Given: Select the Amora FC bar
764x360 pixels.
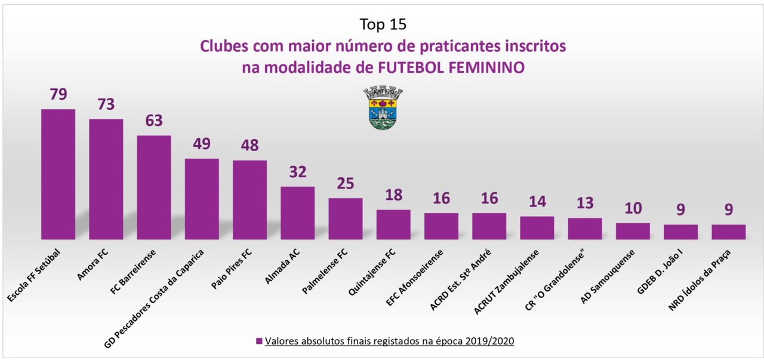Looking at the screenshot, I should pyautogui.click(x=106, y=179).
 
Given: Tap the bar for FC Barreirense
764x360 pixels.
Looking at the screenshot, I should pyautogui.click(x=154, y=187).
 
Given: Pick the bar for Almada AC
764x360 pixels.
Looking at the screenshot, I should pyautogui.click(x=297, y=213).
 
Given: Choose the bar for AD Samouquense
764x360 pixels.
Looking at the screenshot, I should pyautogui.click(x=633, y=231).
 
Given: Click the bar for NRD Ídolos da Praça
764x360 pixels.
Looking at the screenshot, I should pyautogui.click(x=728, y=232).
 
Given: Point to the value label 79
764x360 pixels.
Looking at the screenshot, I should pyautogui.click(x=58, y=95).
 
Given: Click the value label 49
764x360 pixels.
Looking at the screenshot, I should pyautogui.click(x=202, y=144).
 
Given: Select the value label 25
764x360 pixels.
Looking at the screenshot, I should pyautogui.click(x=346, y=184).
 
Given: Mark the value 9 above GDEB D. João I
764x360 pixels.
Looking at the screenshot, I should pyautogui.click(x=680, y=210).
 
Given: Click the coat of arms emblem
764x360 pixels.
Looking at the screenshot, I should pyautogui.click(x=383, y=108).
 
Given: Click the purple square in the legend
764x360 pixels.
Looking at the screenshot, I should pyautogui.click(x=259, y=341).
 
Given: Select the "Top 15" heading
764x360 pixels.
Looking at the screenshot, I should pyautogui.click(x=383, y=24).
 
